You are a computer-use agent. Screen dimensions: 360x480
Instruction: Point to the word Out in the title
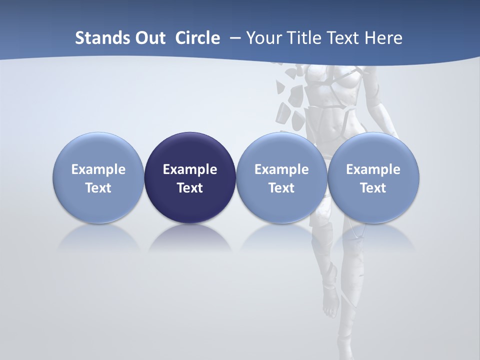(x=149, y=38)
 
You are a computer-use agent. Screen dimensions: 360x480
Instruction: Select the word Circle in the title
(x=197, y=38)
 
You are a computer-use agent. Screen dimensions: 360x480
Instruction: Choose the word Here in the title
(x=383, y=38)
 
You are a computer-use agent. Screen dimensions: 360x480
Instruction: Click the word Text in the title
(x=345, y=38)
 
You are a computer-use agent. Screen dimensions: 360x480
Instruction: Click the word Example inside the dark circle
(x=190, y=169)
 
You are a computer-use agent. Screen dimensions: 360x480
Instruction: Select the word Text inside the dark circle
(x=190, y=188)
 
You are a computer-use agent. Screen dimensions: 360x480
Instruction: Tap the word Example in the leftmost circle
(x=98, y=169)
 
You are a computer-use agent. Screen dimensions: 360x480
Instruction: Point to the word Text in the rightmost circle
(x=373, y=188)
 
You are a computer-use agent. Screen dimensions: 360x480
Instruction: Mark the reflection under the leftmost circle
(x=98, y=237)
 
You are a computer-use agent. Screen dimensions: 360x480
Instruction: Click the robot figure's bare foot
(x=330, y=305)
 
